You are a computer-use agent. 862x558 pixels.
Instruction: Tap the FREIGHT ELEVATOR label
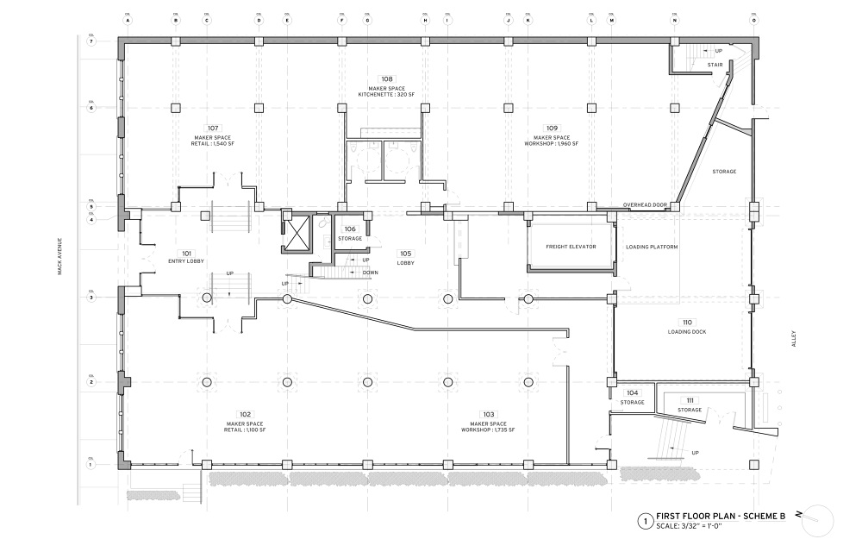point(571,247)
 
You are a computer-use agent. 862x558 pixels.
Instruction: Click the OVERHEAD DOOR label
point(646,204)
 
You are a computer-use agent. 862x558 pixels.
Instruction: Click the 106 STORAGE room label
point(350,233)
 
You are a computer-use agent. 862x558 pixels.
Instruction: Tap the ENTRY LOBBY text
point(186,260)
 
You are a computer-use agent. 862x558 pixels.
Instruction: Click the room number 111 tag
point(690,401)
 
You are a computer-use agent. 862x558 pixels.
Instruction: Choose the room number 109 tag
point(552,128)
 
